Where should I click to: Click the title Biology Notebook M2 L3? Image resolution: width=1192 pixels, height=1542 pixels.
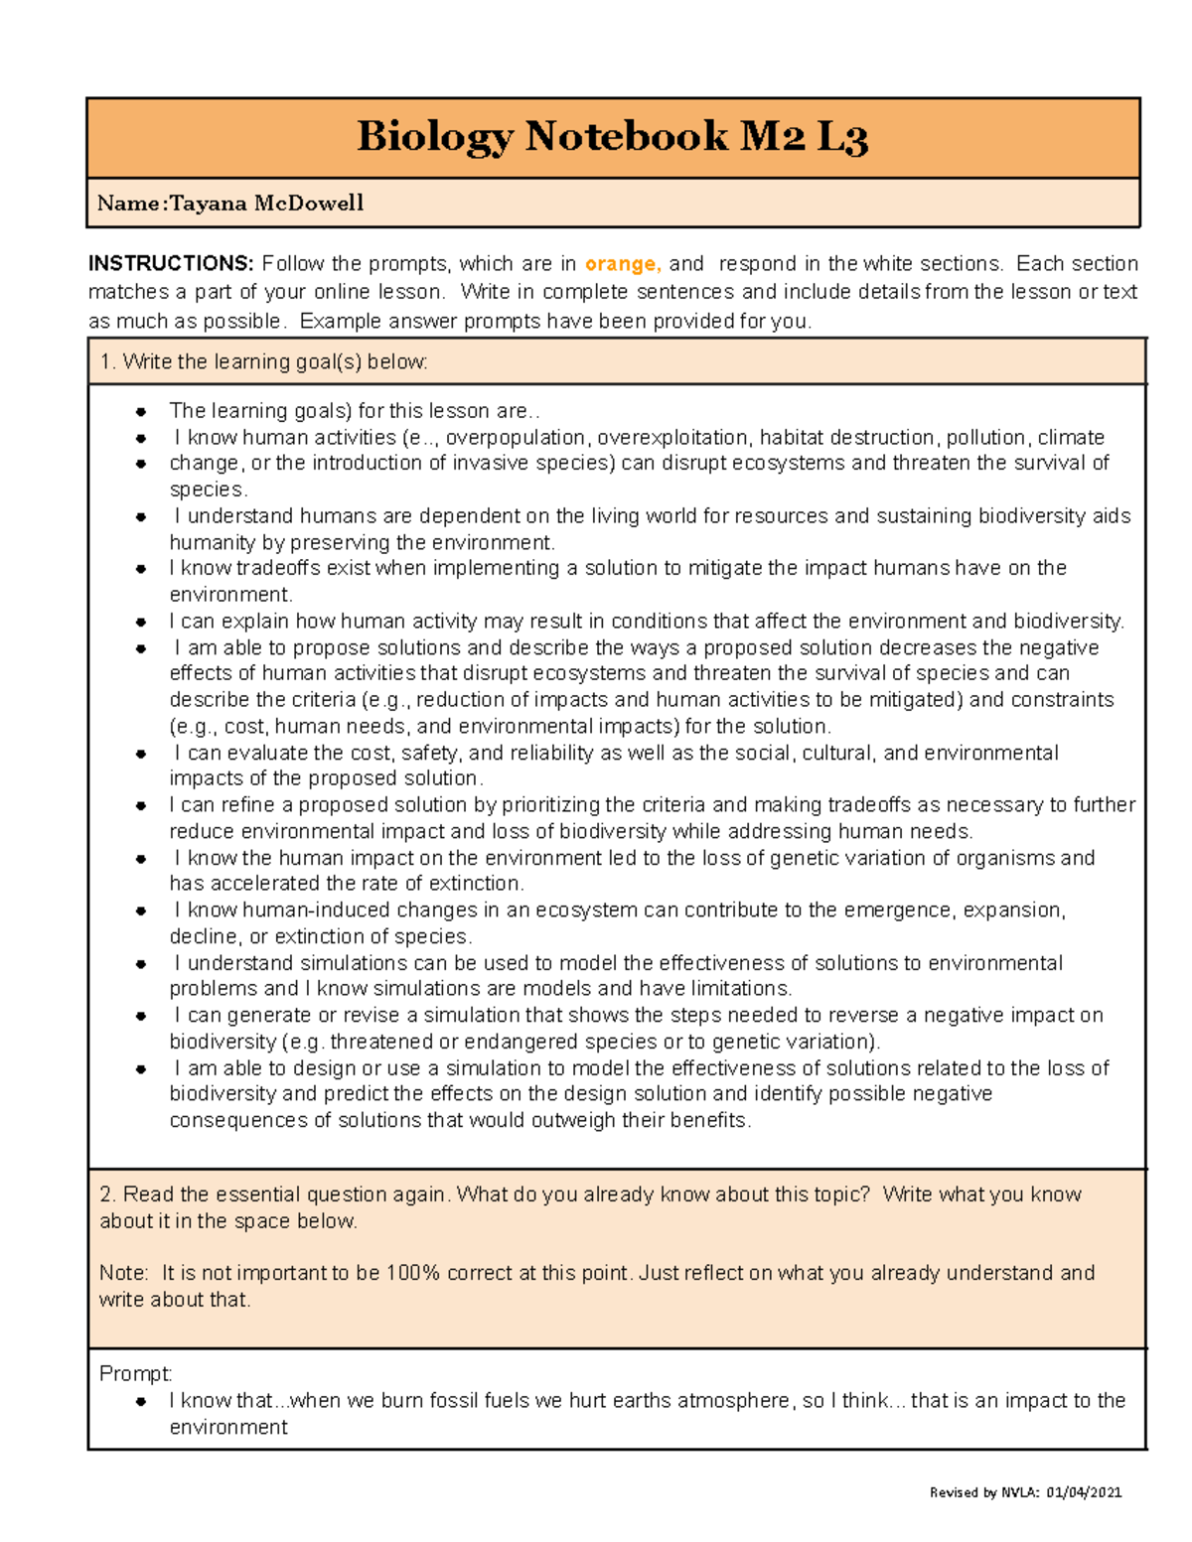[x=612, y=137]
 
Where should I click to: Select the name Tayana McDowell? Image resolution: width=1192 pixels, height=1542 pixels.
[x=266, y=204]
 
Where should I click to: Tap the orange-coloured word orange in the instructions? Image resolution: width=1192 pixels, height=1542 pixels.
[x=622, y=264]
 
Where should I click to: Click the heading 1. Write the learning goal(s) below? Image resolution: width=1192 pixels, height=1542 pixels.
[x=263, y=362]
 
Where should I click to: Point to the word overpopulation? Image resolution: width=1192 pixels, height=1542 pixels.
[x=516, y=438]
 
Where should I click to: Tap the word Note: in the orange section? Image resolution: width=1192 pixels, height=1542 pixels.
[x=124, y=1273]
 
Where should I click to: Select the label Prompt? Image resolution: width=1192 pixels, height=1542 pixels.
[x=136, y=1374]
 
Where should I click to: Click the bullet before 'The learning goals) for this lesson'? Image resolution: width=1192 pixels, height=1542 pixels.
[x=141, y=412]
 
